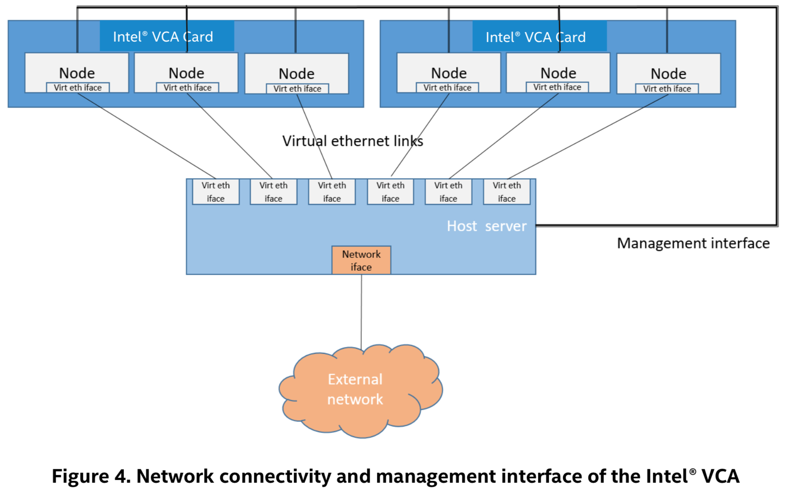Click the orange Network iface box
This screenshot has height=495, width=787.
361,260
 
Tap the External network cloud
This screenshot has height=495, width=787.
356,390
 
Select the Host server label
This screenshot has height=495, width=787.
486,226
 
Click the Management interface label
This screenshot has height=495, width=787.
693,243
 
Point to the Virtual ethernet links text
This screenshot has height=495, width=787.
352,141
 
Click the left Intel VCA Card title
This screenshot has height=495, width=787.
163,37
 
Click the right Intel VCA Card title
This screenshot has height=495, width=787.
536,37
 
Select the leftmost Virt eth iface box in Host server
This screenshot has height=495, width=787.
216,192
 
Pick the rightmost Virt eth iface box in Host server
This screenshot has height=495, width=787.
507,192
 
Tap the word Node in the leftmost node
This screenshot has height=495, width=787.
77,73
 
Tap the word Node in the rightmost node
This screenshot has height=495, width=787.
668,73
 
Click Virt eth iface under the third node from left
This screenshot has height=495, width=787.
297,89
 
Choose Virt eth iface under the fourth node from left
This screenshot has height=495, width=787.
447,88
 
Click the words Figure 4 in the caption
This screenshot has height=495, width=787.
90,476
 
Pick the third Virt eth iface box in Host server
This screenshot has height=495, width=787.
332,192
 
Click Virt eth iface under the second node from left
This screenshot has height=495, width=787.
187,88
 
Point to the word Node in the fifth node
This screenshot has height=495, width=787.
558,73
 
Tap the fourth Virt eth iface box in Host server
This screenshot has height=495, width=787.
390,192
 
